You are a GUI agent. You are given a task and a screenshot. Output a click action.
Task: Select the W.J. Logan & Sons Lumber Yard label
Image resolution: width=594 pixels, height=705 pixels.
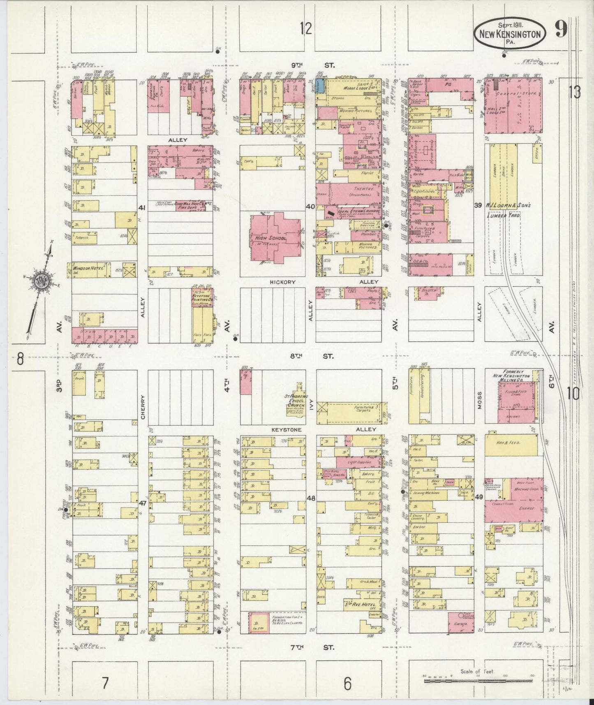coord(514,210)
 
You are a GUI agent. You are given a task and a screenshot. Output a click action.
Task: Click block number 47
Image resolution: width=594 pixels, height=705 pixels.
coord(143,503)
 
